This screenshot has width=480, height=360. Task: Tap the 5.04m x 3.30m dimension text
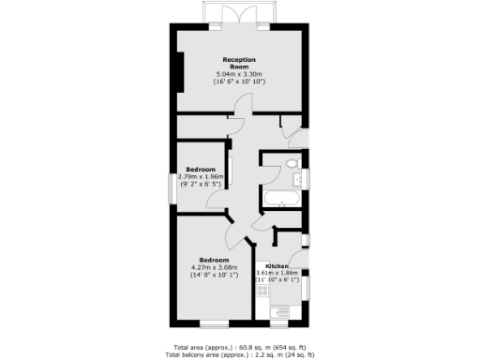(x=240, y=73)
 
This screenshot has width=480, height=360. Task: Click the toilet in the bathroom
(x=294, y=165)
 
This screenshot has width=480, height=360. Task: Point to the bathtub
(x=281, y=199)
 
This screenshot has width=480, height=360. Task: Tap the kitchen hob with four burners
(x=263, y=291)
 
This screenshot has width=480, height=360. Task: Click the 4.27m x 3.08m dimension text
(x=214, y=268)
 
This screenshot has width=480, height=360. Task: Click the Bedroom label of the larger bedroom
(x=214, y=260)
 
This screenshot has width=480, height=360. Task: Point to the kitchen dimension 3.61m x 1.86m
(x=277, y=273)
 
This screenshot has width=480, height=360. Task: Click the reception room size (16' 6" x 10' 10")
(x=240, y=82)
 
